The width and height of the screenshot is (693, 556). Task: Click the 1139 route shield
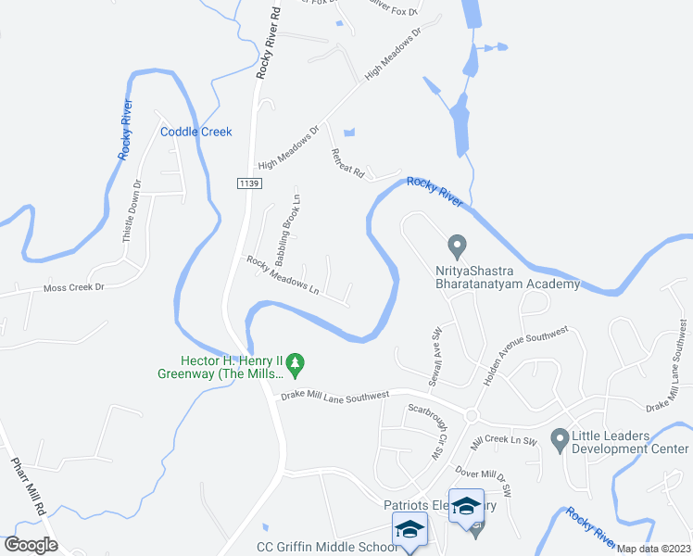coord(247,184)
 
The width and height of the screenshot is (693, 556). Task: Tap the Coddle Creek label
coord(195,132)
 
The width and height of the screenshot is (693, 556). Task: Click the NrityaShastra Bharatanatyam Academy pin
coord(456,246)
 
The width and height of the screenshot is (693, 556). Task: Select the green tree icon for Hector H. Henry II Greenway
coord(296,360)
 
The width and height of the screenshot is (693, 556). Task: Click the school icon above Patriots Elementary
coord(467,505)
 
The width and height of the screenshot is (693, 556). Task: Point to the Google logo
coord(31,545)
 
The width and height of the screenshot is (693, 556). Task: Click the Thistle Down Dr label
coord(131,211)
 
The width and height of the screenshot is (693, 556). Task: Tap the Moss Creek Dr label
coord(74,287)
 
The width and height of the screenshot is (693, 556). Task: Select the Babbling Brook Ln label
coord(283,226)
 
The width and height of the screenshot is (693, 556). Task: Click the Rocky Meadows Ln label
coord(283,275)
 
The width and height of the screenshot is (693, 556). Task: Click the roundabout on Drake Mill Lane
coord(472,414)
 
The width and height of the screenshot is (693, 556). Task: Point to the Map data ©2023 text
coord(654,549)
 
